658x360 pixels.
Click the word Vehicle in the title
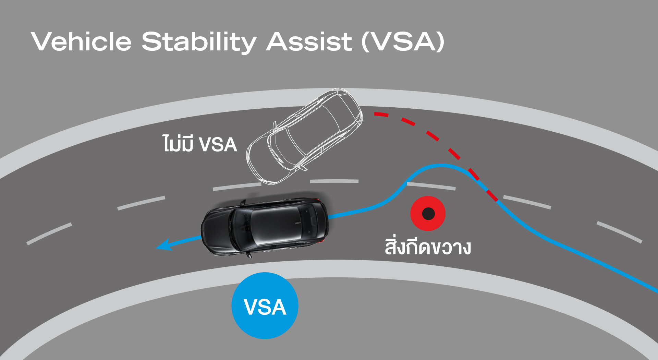pyautogui.click(x=81, y=41)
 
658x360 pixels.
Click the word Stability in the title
pyautogui.click(x=199, y=42)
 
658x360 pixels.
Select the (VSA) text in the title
pyautogui.click(x=403, y=41)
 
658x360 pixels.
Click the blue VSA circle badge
pyautogui.click(x=265, y=305)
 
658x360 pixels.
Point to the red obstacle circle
pyautogui.click(x=428, y=214)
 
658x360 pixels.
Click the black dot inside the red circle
pyautogui.click(x=428, y=214)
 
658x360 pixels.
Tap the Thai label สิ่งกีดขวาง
pyautogui.click(x=428, y=247)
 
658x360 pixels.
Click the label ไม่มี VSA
pyautogui.click(x=200, y=144)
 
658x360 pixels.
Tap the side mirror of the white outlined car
pyautogui.click(x=275, y=126)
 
